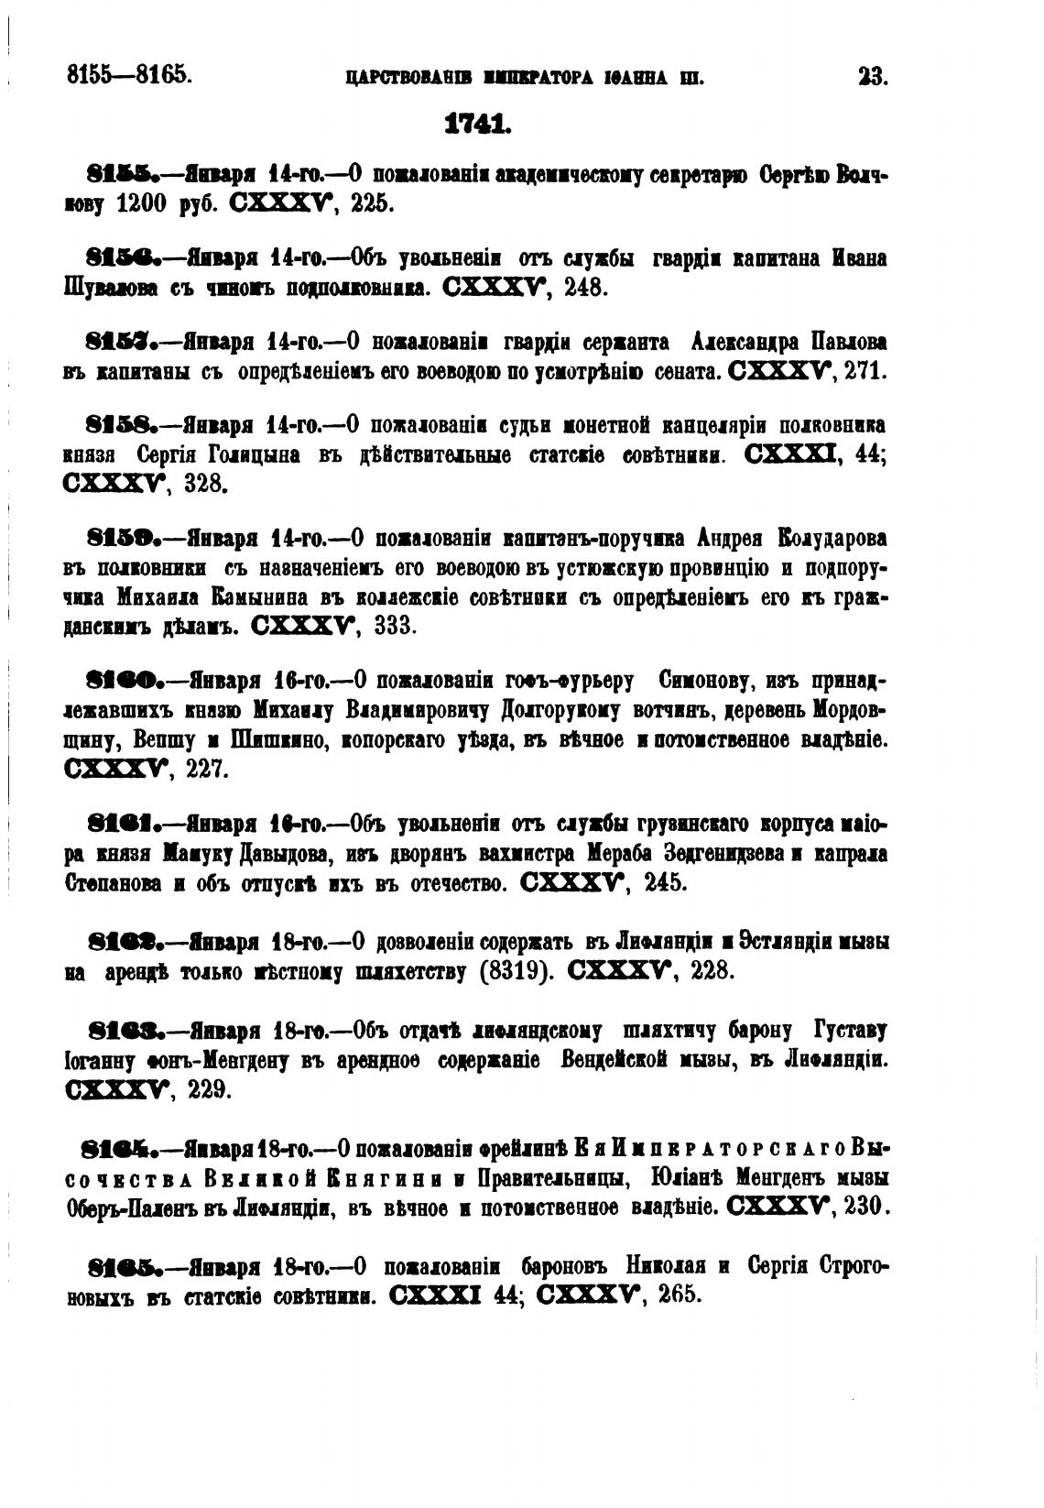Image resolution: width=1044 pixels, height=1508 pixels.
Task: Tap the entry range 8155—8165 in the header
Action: [x=129, y=74]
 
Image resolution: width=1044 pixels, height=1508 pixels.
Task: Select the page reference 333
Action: [x=396, y=626]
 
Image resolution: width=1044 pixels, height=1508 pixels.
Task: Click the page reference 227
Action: [x=205, y=769]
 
